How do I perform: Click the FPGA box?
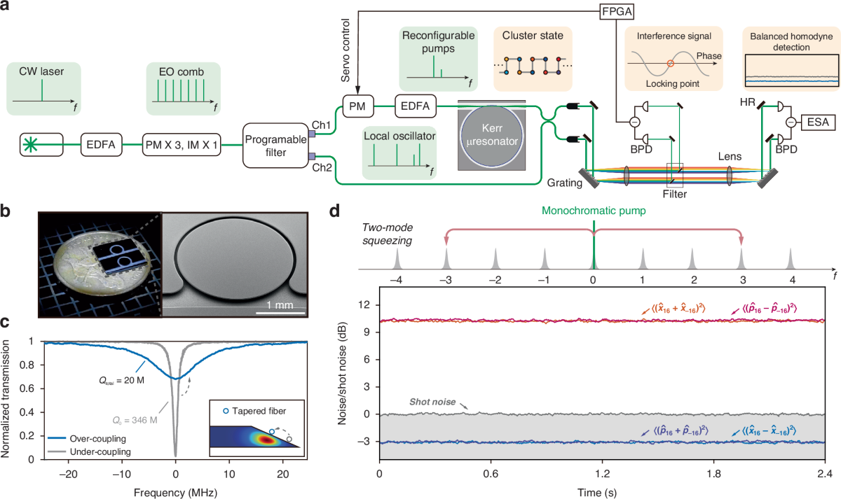pyautogui.click(x=615, y=13)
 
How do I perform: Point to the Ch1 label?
pyautogui.click(x=322, y=105)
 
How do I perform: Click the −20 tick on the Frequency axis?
pyautogui.click(x=68, y=472)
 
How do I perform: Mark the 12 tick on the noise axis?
pyautogui.click(x=362, y=306)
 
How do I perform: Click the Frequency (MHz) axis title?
pyautogui.click(x=175, y=490)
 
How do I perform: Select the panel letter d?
pyautogui.click(x=336, y=210)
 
